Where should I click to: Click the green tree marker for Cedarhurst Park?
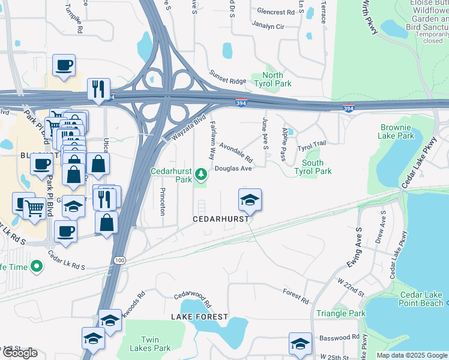[x=202, y=175]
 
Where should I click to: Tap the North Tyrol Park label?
[x=273, y=79]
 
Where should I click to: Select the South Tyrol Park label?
[x=316, y=167]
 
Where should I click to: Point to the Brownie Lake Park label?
[x=396, y=131]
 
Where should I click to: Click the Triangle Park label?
[x=341, y=313]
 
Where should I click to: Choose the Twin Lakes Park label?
[x=151, y=344]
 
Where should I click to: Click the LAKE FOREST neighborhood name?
[x=199, y=316]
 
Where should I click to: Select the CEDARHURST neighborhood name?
[x=221, y=219]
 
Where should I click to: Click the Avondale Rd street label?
[x=236, y=154]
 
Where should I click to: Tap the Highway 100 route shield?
[x=119, y=260]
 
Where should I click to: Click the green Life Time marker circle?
[x=37, y=265]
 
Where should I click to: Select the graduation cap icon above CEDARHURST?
[x=250, y=200]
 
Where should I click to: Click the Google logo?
[x=20, y=353]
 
